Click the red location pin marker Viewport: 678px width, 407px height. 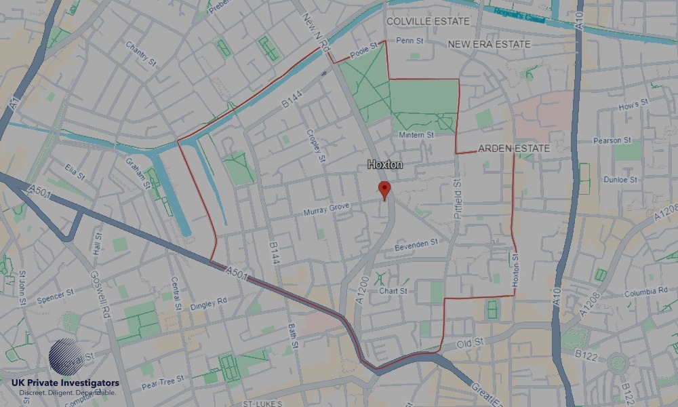pyautogui.click(x=385, y=189)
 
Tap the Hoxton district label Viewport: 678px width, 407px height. pyautogui.click(x=385, y=165)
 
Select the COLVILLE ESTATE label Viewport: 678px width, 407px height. pyautogui.click(x=427, y=22)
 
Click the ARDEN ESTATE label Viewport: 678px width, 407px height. pyautogui.click(x=514, y=148)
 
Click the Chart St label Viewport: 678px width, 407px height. pyautogui.click(x=393, y=291)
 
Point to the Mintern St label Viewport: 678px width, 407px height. pyautogui.click(x=416, y=135)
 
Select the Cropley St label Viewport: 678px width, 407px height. pyautogui.click(x=315, y=145)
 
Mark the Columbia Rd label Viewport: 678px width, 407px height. pyautogui.click(x=645, y=292)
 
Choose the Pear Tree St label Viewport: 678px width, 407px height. pyautogui.click(x=163, y=383)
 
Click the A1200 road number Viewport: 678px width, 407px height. pyautogui.click(x=363, y=291)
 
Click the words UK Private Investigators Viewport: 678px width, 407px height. pyautogui.click(x=65, y=383)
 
